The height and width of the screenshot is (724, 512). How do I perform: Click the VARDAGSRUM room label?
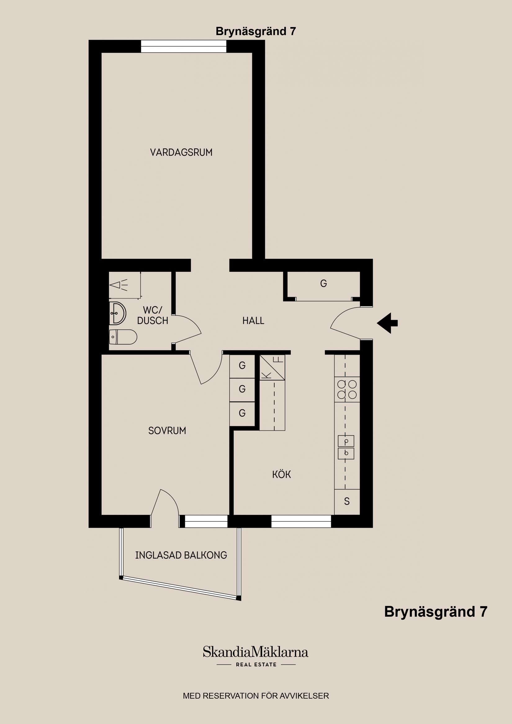(181, 153)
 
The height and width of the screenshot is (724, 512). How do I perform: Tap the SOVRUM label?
(167, 431)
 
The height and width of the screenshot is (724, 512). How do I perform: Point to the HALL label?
(253, 321)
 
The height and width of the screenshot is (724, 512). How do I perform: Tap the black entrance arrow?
(387, 323)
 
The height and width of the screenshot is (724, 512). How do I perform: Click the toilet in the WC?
(123, 337)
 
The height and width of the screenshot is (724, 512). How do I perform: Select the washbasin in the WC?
(117, 313)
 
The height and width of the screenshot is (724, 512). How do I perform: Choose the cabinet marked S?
(347, 502)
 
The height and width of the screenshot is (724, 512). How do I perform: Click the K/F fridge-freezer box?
(272, 367)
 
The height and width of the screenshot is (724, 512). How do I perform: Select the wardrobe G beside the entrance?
(323, 284)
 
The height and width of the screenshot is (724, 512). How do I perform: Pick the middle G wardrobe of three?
(242, 390)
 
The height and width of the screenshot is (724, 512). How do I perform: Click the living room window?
(184, 47)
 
